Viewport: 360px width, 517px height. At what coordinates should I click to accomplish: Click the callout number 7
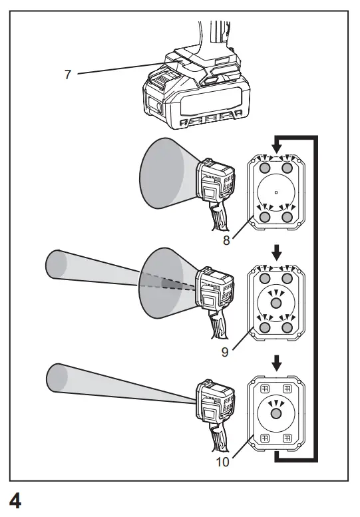(67, 74)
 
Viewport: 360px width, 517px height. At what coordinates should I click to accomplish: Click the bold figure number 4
(14, 501)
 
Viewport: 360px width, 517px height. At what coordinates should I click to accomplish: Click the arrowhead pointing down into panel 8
(277, 145)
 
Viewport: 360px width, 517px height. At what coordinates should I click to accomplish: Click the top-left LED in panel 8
(265, 168)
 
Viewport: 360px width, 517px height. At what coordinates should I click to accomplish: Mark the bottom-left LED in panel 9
(265, 327)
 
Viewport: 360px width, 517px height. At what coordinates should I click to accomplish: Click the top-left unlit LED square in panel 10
(264, 389)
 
